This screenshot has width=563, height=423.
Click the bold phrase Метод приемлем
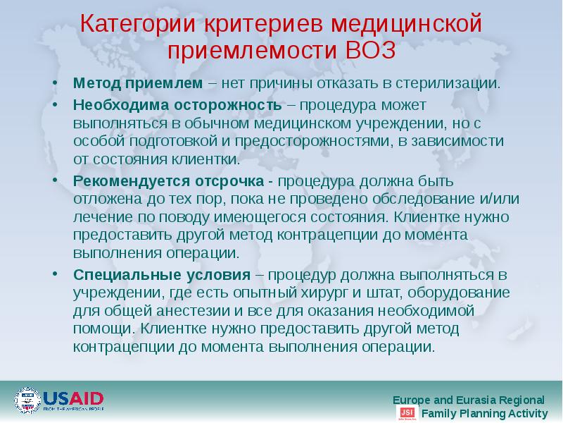click(139, 83)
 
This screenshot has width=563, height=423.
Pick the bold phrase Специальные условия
click(162, 274)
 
